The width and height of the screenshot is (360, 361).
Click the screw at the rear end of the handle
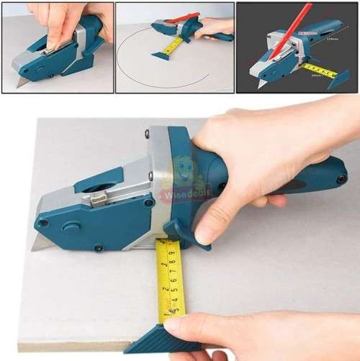coord(341,178)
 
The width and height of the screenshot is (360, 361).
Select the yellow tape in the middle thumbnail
coord(172,46)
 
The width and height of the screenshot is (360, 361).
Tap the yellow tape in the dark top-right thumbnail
coord(320,70)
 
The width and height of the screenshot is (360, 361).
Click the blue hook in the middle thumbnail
coord(160,56)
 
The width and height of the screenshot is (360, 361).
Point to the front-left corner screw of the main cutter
coord(43,223)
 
